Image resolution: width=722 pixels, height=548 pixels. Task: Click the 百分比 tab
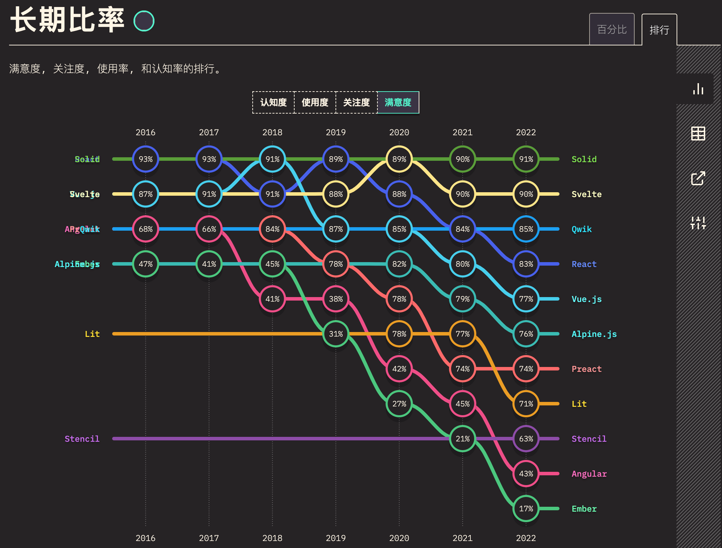[612, 29]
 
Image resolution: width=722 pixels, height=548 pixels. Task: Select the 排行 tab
[659, 30]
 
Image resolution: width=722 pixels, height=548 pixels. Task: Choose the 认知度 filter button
[273, 102]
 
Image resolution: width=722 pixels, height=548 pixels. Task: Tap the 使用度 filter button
[315, 102]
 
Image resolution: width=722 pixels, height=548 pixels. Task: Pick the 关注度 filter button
[356, 102]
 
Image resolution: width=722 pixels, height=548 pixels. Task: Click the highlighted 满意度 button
[398, 102]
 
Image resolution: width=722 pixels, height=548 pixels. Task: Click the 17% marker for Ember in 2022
[526, 509]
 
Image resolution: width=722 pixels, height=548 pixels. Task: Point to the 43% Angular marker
[526, 474]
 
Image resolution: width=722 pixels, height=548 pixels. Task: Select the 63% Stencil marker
[526, 439]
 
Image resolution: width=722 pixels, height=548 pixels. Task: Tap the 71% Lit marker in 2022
[526, 404]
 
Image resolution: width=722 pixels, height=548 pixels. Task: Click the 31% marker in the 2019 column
[336, 334]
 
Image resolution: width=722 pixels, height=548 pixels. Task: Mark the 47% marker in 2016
[146, 264]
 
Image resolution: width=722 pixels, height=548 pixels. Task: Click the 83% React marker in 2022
[526, 264]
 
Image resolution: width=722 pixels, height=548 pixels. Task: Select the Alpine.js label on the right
[594, 334]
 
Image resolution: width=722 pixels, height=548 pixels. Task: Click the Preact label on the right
[586, 369]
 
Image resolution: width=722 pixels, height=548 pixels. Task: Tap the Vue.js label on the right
[586, 299]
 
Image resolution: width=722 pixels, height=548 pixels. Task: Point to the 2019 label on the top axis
[335, 132]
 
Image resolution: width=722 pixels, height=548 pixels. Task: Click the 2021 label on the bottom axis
[462, 538]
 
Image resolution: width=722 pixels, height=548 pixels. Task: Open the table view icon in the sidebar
[698, 134]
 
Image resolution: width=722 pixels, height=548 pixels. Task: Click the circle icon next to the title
[144, 21]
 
